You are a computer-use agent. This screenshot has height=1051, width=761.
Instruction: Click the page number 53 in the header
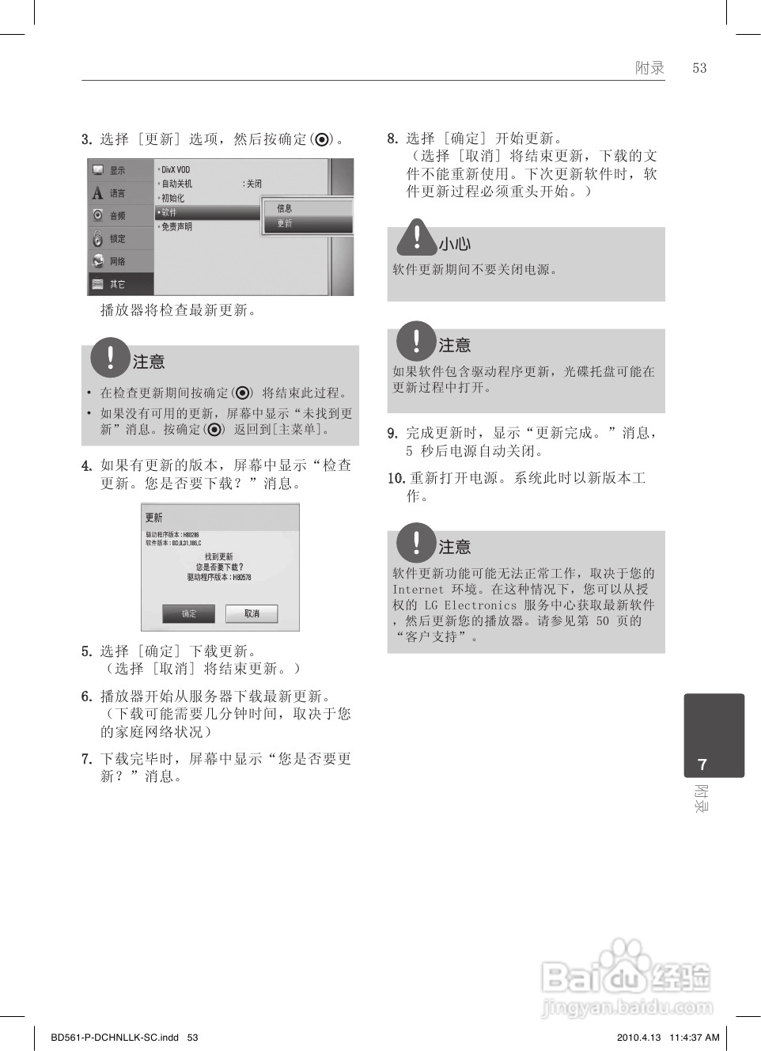[x=699, y=68]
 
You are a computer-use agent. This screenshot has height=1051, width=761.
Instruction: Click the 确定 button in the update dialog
[x=189, y=613]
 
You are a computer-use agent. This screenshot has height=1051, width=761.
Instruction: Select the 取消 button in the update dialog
[x=252, y=613]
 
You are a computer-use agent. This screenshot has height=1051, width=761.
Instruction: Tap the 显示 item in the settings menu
[x=116, y=170]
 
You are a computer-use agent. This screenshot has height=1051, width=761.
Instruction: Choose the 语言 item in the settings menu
[x=116, y=193]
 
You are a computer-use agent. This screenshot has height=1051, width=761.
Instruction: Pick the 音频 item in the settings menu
[x=116, y=215]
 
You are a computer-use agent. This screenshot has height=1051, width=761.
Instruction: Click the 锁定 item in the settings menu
[x=116, y=238]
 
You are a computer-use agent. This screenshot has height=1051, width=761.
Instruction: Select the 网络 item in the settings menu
[x=116, y=261]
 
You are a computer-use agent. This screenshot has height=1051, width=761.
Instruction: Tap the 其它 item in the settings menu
[x=116, y=284]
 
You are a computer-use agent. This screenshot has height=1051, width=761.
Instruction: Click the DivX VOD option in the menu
[x=176, y=169]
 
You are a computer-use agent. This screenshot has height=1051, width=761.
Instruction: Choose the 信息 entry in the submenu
[x=285, y=208]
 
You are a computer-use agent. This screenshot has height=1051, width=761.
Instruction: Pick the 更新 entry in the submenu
[x=285, y=224]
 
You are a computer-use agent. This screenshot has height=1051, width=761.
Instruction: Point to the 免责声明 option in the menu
[x=176, y=226]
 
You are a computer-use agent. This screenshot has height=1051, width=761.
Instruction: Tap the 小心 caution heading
[x=455, y=245]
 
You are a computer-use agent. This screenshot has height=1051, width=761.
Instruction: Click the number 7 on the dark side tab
[x=702, y=765]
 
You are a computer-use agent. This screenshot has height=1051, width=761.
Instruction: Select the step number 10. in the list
[x=396, y=478]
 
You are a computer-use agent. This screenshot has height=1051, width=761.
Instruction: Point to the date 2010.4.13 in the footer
[x=638, y=1037]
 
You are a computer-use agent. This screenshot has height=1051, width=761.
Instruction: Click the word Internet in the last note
[x=418, y=590]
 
